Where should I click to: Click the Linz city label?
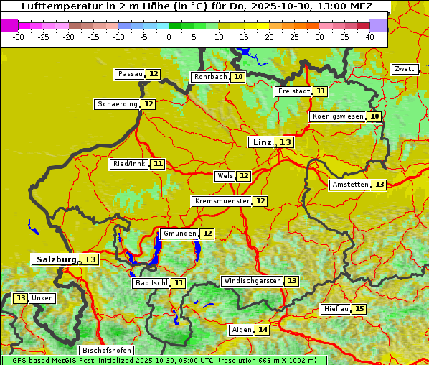262,142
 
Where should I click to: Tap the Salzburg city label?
56,259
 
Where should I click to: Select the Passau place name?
131,74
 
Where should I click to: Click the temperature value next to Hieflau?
359,309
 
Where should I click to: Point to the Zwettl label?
405,69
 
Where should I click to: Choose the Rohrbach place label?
210,77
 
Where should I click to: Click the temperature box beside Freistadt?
320,91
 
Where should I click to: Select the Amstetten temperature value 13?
379,185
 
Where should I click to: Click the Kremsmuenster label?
222,201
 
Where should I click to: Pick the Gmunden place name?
179,234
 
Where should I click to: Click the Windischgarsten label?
252,281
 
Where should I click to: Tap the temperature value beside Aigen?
263,330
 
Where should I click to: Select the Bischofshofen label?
105,351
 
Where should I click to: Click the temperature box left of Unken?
21,298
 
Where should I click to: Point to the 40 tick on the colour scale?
369,37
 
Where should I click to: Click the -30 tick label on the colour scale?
19,37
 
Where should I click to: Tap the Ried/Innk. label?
130,164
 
